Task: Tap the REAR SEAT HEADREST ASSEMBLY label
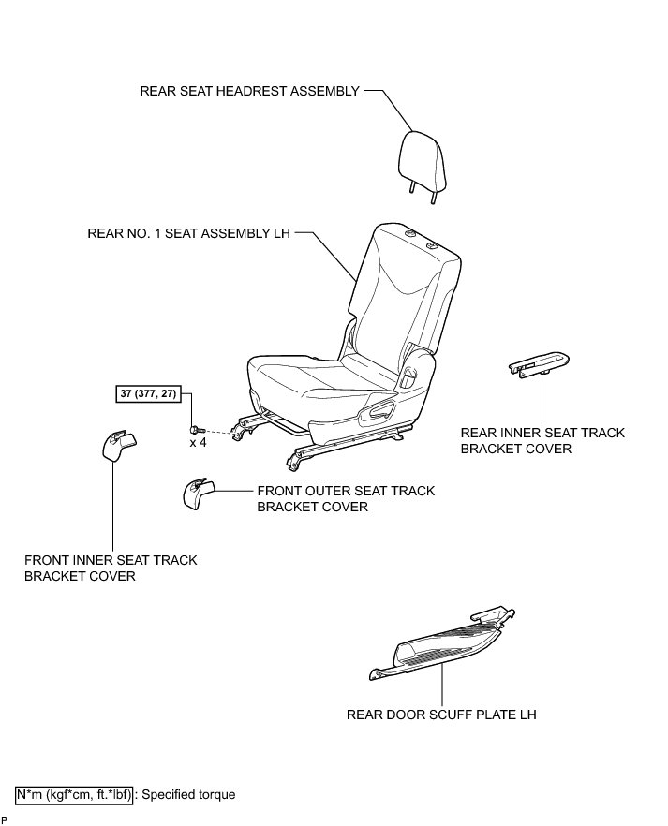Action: tap(249, 92)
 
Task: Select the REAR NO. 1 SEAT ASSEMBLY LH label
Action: tap(189, 232)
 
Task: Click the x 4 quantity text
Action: tap(198, 442)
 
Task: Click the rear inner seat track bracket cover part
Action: tap(539, 364)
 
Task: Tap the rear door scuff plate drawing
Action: tap(440, 646)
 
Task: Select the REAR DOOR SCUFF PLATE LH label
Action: tap(441, 715)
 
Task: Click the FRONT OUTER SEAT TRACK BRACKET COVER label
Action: tap(345, 499)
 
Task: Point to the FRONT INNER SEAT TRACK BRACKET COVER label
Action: tap(111, 568)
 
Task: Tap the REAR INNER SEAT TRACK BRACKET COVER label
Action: tap(542, 441)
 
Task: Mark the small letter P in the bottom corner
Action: tap(5, 819)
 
